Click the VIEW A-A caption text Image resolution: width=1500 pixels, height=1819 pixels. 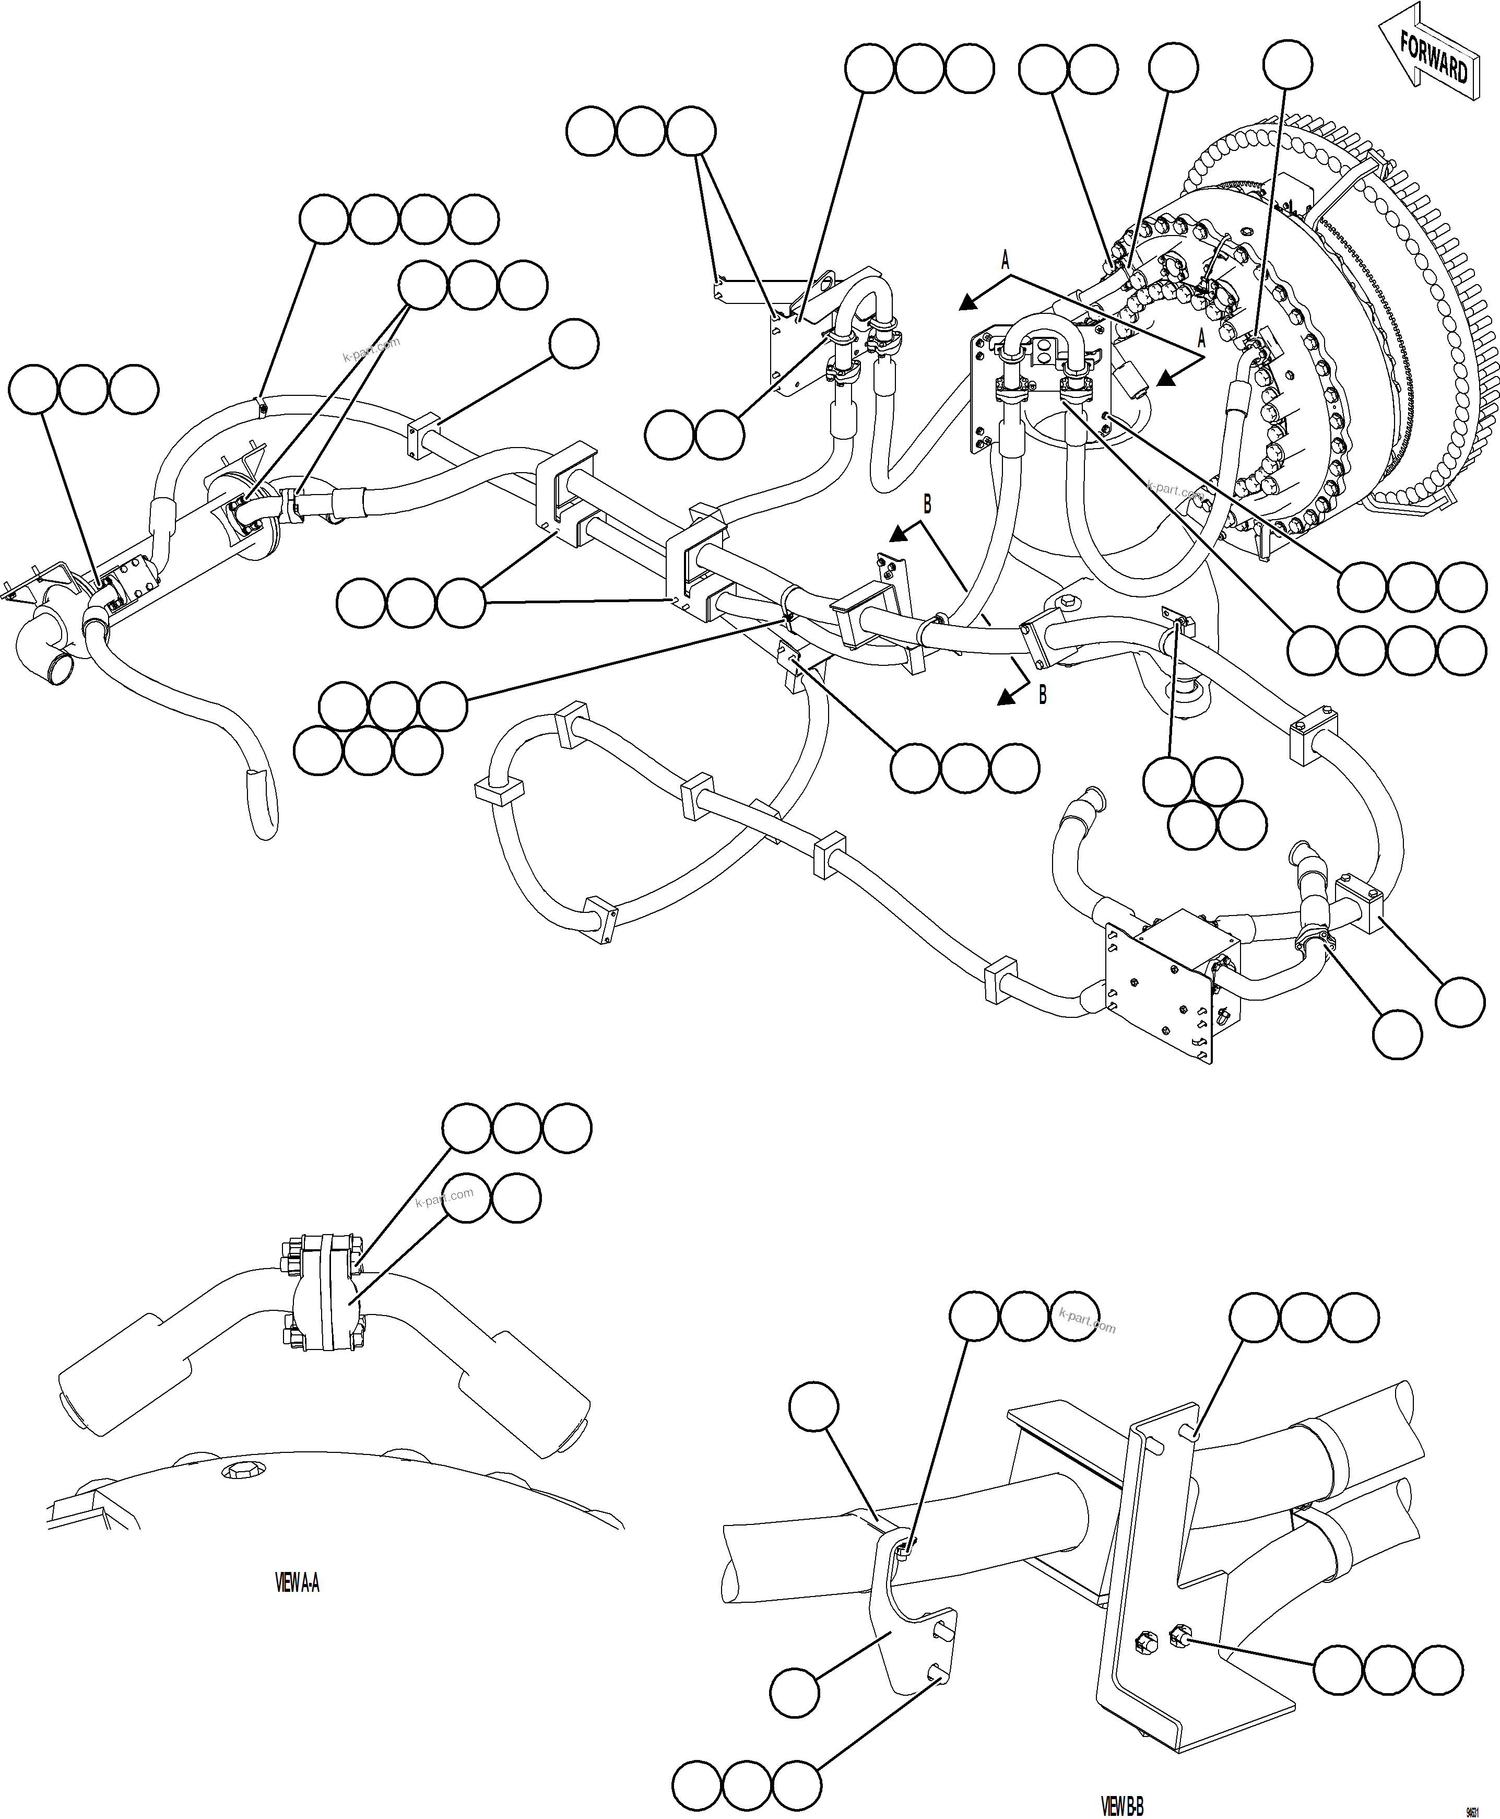click(x=297, y=1583)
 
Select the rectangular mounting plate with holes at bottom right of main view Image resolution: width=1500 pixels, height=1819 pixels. click(x=1158, y=992)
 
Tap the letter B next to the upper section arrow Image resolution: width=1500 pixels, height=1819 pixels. click(x=927, y=504)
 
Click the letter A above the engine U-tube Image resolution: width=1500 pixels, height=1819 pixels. click(x=1005, y=259)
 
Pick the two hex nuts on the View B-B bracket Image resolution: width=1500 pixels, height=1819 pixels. click(x=1161, y=1636)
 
